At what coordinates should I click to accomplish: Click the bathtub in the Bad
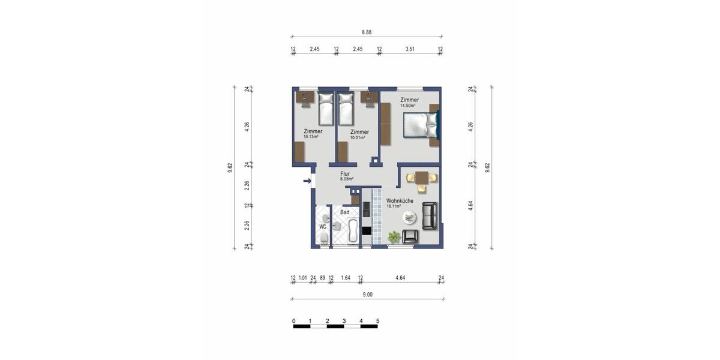[x=352, y=230]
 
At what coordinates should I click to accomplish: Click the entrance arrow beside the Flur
[x=307, y=181]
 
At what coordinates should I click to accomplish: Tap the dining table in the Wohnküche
[x=421, y=178]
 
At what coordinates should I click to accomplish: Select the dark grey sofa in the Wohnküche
[x=430, y=216]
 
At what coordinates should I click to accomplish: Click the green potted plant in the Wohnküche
[x=394, y=238]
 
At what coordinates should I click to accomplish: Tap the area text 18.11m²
[x=394, y=206]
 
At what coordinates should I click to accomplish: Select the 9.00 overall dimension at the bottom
[x=367, y=294]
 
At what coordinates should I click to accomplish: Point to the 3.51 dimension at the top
[x=409, y=50]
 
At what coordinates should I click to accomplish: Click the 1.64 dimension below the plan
[x=346, y=278]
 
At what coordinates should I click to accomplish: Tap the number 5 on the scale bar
[x=378, y=321]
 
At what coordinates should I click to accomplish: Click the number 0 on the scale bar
[x=294, y=321]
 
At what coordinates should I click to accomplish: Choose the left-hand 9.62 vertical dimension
[x=230, y=169]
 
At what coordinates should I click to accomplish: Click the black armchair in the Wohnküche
[x=410, y=236]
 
